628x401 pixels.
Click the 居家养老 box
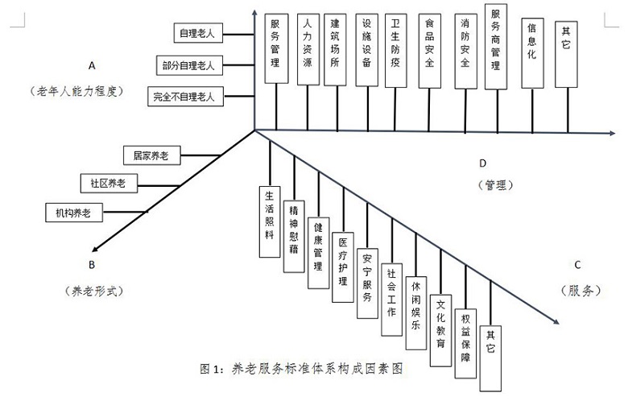pos(152,153)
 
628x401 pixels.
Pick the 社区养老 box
pos(109,183)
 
